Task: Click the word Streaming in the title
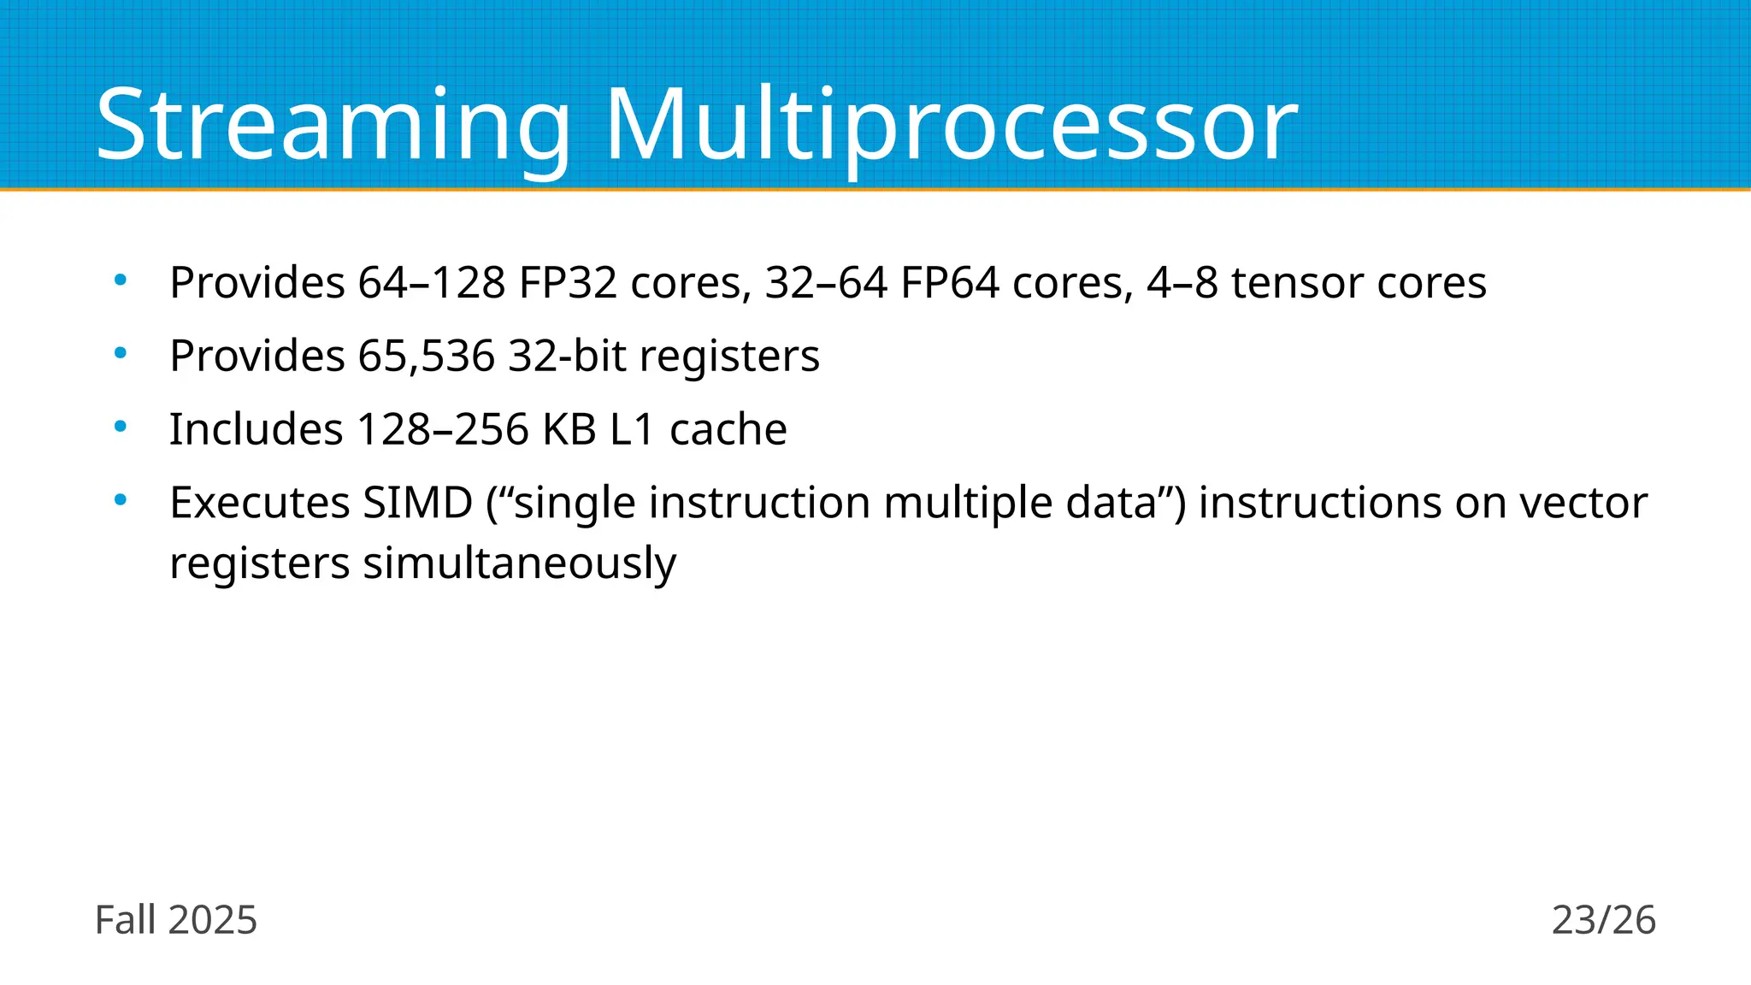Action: [x=333, y=126]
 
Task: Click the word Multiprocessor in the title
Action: [x=952, y=126]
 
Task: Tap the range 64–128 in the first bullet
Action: [x=432, y=283]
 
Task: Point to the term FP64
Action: [x=950, y=283]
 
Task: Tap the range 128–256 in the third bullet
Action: [x=443, y=429]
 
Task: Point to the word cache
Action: [x=728, y=429]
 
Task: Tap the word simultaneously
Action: [x=520, y=563]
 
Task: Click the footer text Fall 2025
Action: [x=176, y=921]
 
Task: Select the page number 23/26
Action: [x=1604, y=921]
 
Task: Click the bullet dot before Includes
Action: [x=121, y=426]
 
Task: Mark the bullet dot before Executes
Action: [x=121, y=499]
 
